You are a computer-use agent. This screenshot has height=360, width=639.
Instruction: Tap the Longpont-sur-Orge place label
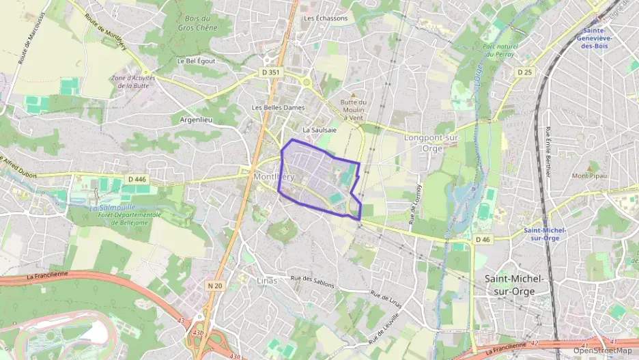click(433, 142)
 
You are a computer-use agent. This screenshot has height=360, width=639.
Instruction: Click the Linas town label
click(268, 280)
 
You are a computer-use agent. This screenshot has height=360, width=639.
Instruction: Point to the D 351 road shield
click(270, 71)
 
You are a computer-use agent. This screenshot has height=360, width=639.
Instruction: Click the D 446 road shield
click(138, 179)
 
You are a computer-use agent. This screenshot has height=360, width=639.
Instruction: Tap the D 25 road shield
click(524, 72)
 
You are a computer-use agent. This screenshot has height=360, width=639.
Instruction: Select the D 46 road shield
click(481, 239)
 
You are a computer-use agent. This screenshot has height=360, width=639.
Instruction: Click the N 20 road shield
click(215, 286)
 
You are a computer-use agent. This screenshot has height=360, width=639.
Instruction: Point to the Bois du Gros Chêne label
click(197, 24)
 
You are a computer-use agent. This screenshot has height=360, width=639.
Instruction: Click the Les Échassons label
click(326, 18)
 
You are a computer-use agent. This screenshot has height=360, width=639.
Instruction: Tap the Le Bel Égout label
click(197, 61)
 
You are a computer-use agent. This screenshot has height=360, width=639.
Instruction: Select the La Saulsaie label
click(317, 129)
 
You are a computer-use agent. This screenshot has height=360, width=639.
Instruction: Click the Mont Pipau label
click(589, 176)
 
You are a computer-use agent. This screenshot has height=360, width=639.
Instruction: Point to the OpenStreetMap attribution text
click(603, 350)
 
